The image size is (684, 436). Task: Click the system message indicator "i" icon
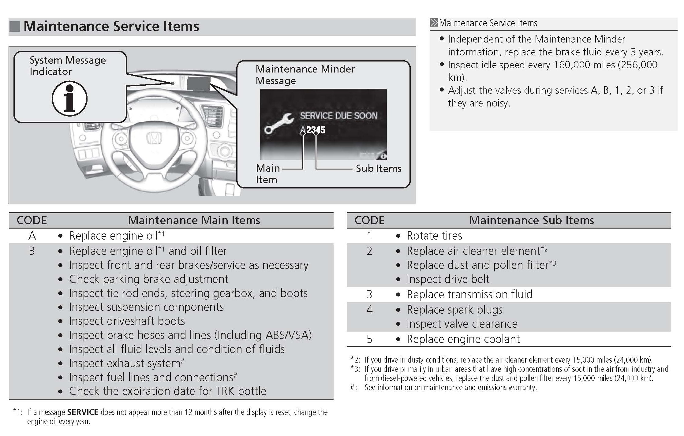tap(69, 99)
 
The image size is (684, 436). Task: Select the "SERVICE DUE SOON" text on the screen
tap(338, 116)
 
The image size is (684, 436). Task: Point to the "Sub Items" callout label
tap(378, 169)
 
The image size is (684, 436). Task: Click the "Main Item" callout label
tap(267, 173)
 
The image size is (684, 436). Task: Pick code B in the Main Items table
tap(32, 251)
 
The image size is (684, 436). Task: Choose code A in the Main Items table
tap(32, 236)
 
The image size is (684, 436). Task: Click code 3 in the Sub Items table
tap(369, 294)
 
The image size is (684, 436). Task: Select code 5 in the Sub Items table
tap(369, 339)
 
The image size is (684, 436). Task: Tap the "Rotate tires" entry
tap(434, 236)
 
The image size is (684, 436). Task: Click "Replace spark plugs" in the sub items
tap(454, 310)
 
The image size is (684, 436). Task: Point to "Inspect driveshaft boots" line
tap(127, 321)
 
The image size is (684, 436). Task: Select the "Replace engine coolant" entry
tap(463, 339)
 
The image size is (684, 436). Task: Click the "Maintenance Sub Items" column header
tap(531, 220)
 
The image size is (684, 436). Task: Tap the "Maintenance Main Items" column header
tap(194, 220)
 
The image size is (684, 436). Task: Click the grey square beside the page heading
tap(15, 27)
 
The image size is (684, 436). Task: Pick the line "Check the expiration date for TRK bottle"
tap(167, 391)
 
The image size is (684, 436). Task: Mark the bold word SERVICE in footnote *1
tap(83, 412)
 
